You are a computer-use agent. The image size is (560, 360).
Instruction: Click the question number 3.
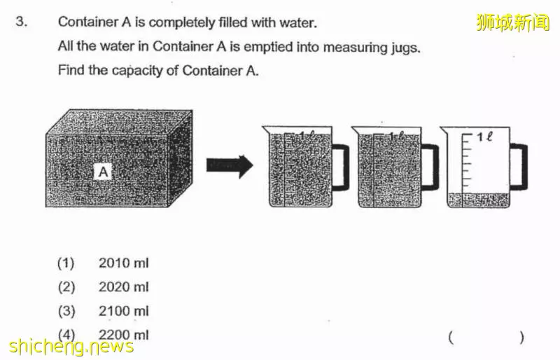21,22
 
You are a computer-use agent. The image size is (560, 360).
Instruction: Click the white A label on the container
103,172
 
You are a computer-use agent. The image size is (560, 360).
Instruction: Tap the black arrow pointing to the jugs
230,166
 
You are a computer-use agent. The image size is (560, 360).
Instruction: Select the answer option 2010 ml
123,263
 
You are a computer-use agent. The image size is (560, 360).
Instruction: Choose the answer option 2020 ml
123,287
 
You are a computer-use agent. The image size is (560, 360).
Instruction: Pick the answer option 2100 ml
123,311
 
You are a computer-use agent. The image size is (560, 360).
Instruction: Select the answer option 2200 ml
123,335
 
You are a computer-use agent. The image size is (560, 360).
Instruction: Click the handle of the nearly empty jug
519,166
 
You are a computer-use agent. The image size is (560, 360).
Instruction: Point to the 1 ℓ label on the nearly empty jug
484,136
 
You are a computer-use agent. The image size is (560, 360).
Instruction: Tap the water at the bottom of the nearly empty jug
479,200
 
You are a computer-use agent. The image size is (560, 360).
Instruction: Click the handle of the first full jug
340,166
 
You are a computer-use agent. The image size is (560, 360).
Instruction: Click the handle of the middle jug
430,166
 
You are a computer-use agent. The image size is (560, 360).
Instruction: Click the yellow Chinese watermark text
513,22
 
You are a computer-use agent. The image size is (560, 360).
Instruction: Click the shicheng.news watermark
71,347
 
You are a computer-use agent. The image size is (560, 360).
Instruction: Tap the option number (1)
66,263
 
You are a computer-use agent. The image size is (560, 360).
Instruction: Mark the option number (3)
66,311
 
